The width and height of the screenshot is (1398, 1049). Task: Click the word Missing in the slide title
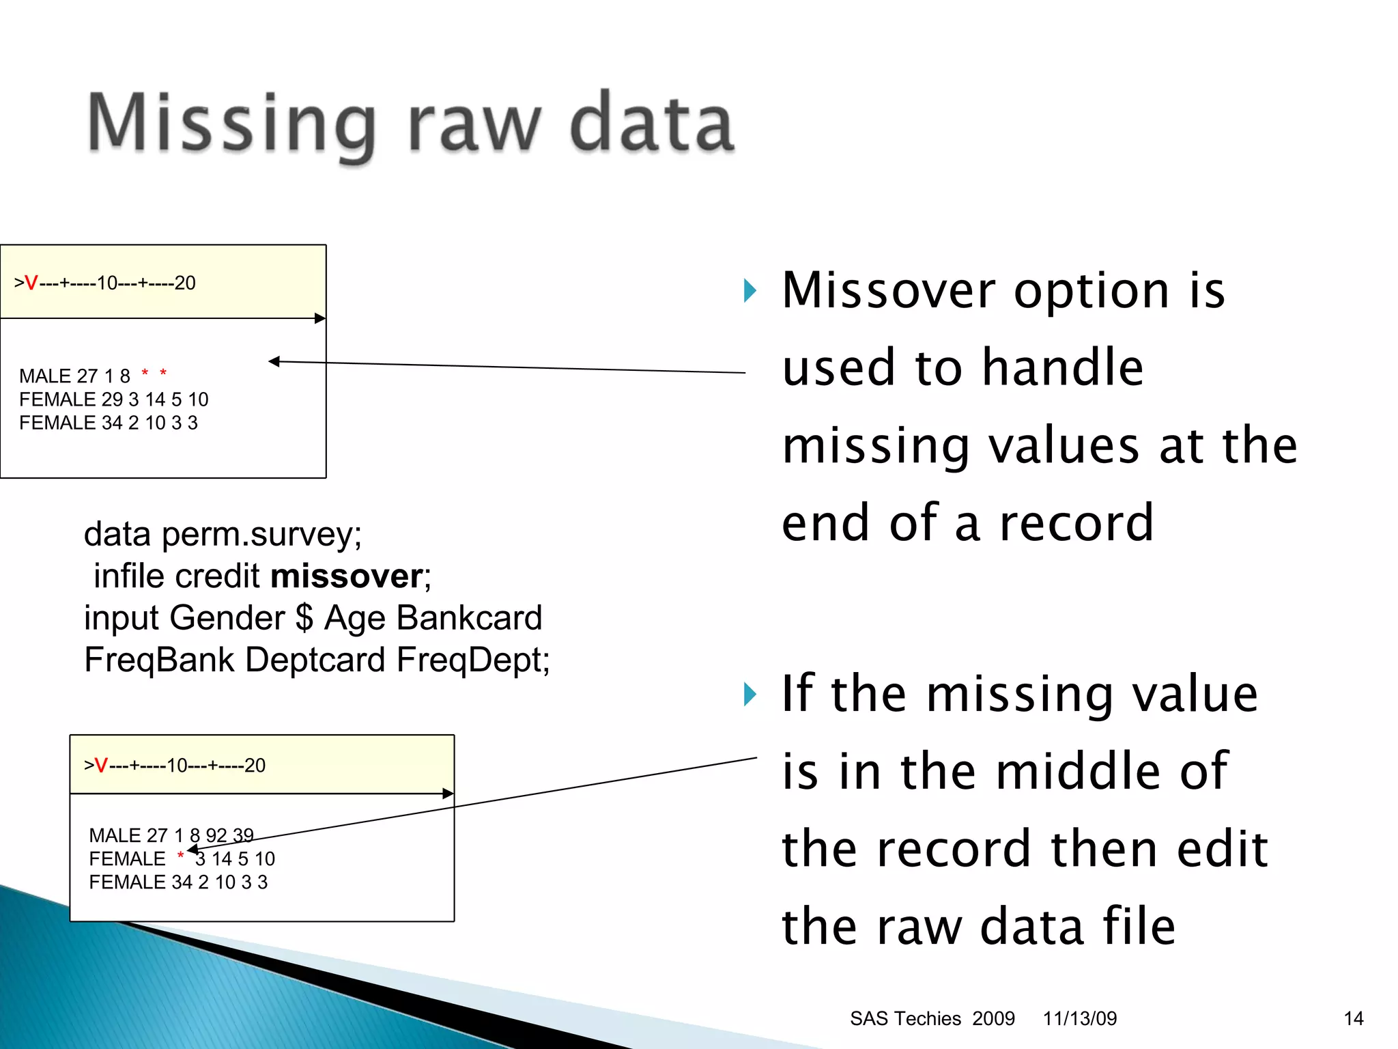(x=232, y=124)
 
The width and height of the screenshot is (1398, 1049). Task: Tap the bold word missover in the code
(x=347, y=576)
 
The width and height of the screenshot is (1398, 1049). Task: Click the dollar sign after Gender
(x=304, y=617)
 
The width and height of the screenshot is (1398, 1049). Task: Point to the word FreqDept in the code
(x=471, y=660)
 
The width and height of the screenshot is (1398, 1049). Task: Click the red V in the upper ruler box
(x=31, y=283)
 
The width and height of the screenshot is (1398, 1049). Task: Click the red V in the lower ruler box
(x=101, y=766)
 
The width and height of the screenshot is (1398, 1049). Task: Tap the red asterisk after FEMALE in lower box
(x=180, y=856)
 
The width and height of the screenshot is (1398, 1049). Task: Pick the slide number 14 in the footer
(x=1353, y=1018)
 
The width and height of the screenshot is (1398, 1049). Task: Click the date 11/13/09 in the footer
(x=1079, y=1018)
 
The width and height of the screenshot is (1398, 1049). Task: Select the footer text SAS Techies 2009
(x=932, y=1018)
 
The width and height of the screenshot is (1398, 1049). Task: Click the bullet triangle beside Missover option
(x=750, y=291)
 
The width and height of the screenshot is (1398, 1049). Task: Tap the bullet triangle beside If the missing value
(x=750, y=695)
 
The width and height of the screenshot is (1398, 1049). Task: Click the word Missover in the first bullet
(x=888, y=291)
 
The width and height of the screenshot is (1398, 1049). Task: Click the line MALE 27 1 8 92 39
(x=171, y=835)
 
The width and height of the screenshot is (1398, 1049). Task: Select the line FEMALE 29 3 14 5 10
(x=113, y=400)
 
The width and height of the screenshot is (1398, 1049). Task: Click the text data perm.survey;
(x=223, y=534)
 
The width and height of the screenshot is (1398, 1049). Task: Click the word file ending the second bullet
(x=1139, y=927)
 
